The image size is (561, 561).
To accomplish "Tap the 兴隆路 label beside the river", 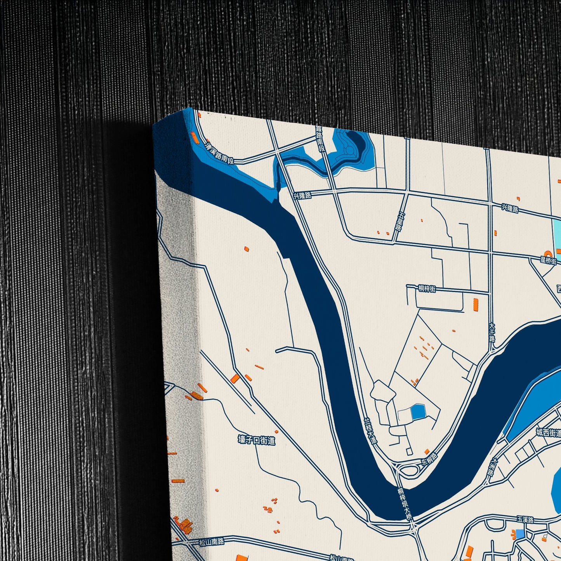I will pyautogui.click(x=302, y=195).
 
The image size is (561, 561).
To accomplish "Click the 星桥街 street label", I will pyautogui.click(x=549, y=261).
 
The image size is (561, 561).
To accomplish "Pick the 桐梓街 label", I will pyautogui.click(x=427, y=289).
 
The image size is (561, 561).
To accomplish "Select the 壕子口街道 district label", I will pyautogui.click(x=257, y=440).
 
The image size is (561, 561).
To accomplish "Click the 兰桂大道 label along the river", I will pyautogui.click(x=371, y=431).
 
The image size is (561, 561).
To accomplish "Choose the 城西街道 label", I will pyautogui.click(x=548, y=432).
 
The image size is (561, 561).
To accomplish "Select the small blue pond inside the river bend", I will pyautogui.click(x=418, y=412).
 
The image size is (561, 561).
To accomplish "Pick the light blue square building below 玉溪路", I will pyautogui.click(x=519, y=534).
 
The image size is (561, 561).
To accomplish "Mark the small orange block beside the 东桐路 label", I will pyautogui.click(x=427, y=452).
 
